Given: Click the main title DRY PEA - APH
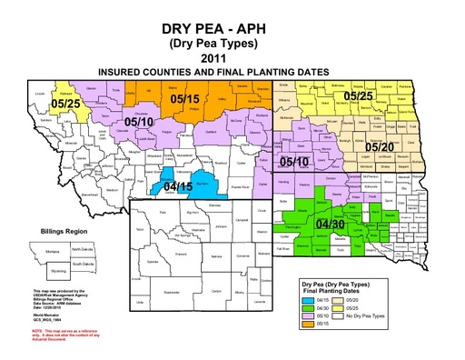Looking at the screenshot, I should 233,26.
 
